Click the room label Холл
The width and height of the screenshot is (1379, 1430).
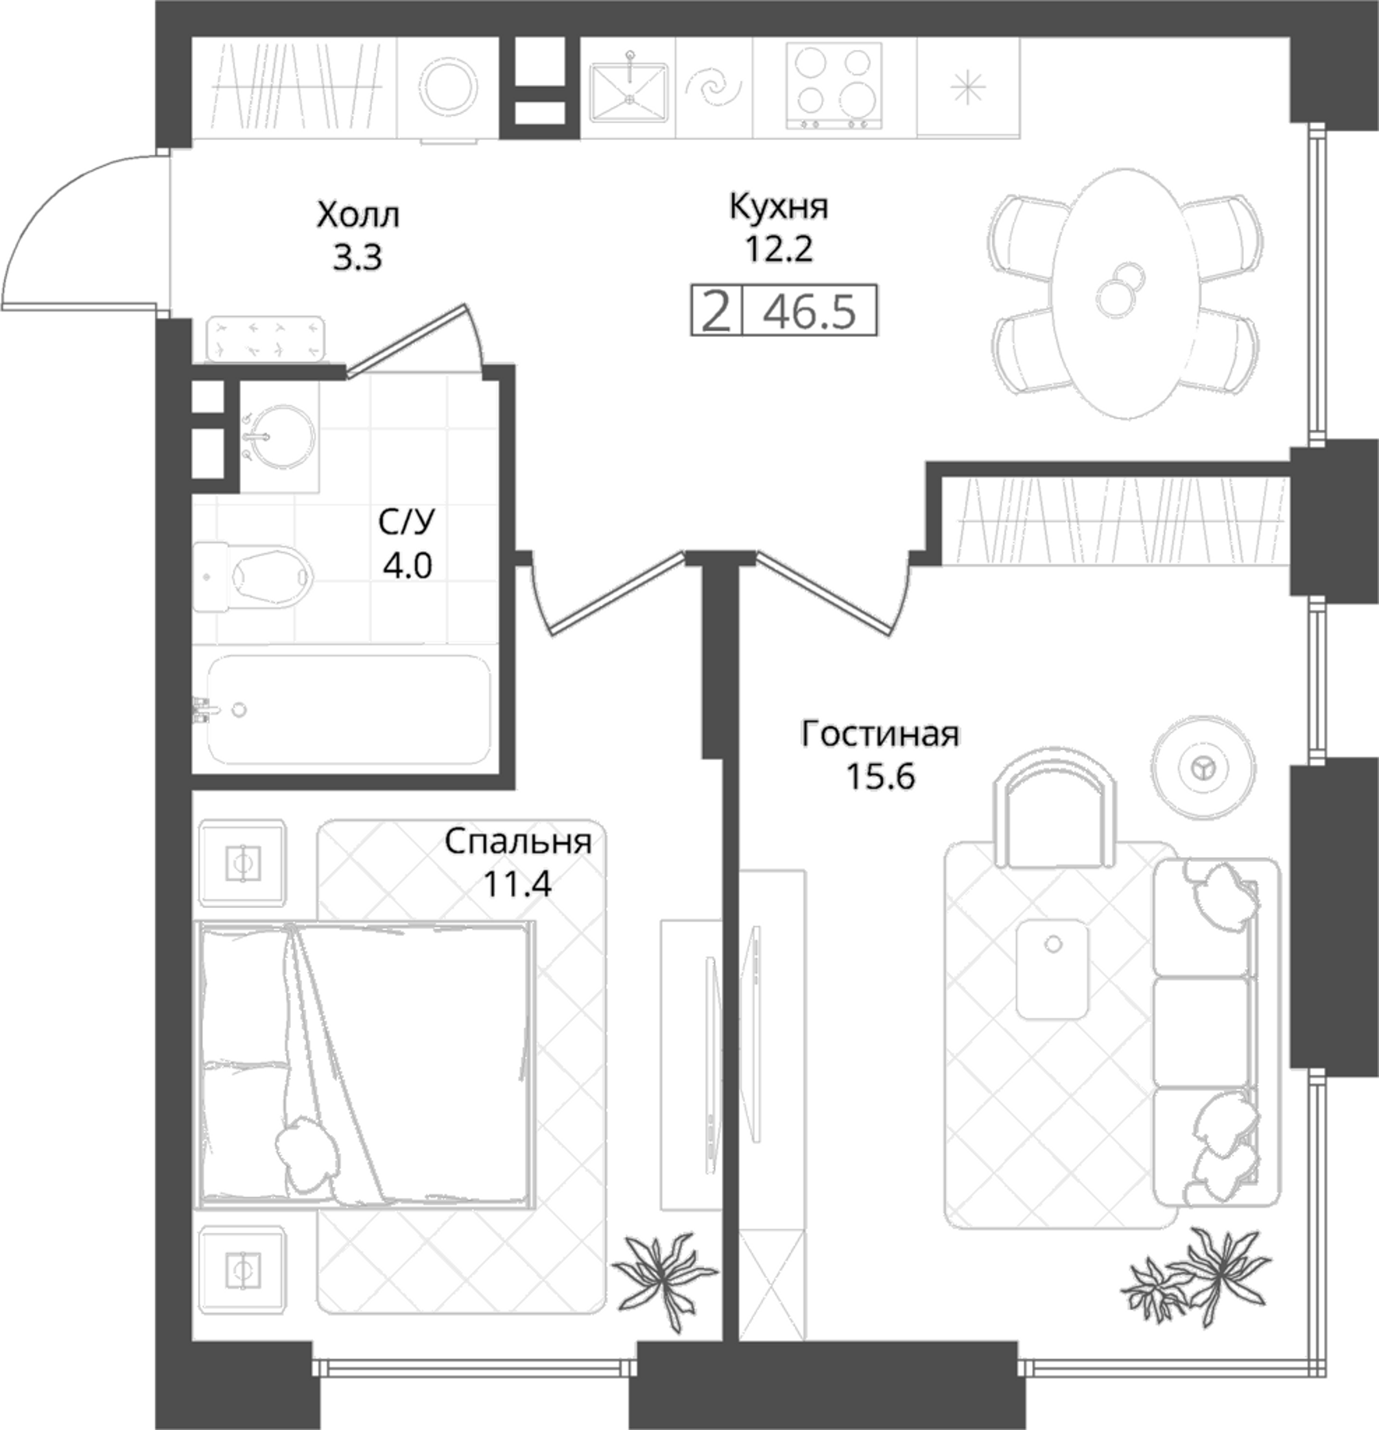coord(358,215)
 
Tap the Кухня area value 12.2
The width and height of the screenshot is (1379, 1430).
coord(778,249)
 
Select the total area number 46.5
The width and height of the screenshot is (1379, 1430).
coord(810,311)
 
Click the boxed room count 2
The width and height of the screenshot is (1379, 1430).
coord(716,311)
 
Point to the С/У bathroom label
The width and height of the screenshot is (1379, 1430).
coord(407,522)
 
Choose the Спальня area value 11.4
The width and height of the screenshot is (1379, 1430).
coord(517,883)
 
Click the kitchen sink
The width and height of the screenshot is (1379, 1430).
coord(629,92)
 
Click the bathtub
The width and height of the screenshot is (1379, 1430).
coord(348,709)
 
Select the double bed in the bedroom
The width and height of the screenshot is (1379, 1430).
coord(365,1065)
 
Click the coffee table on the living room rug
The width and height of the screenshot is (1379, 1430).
coord(1052,968)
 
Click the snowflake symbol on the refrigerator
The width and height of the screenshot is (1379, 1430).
coord(967,87)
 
